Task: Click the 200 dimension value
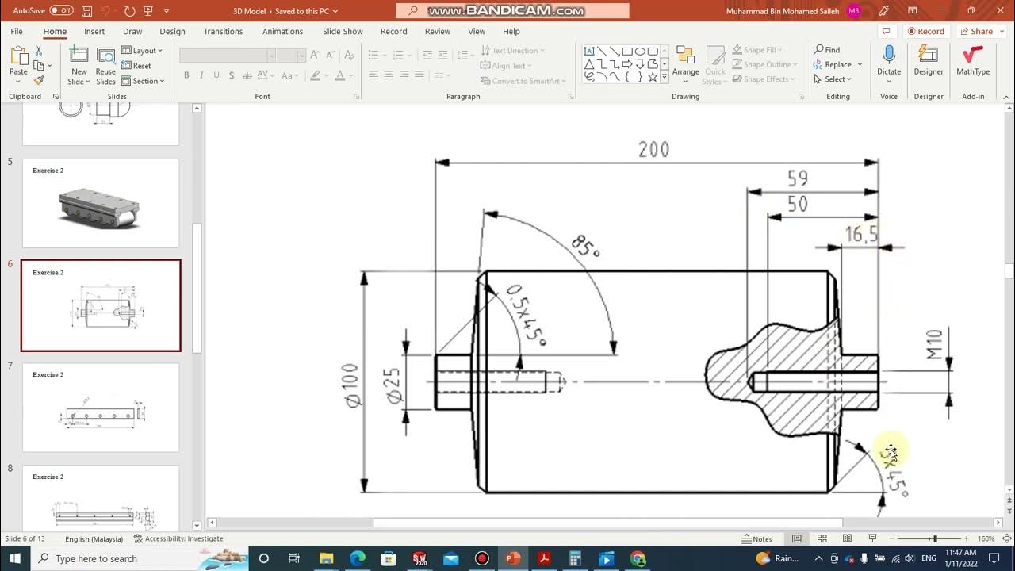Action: coord(653,150)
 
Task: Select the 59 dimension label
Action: coord(797,178)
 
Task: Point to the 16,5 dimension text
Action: coord(861,234)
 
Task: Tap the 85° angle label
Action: coord(585,247)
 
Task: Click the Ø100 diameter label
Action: coord(350,385)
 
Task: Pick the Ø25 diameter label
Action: coord(394,385)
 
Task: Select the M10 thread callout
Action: coord(935,344)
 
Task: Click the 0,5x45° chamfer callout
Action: coord(526,315)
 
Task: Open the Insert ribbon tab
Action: coord(94,32)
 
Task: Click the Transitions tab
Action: coord(223,32)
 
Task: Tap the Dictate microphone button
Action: coord(888,60)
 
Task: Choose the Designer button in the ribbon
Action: coord(928,60)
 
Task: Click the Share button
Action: coord(976,32)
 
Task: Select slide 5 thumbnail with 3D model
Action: coord(101,203)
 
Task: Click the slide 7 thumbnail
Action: coord(101,408)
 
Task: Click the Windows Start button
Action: coord(15,558)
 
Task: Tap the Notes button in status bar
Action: coord(756,539)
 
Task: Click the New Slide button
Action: coord(79,63)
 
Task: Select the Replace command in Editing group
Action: coord(833,65)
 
